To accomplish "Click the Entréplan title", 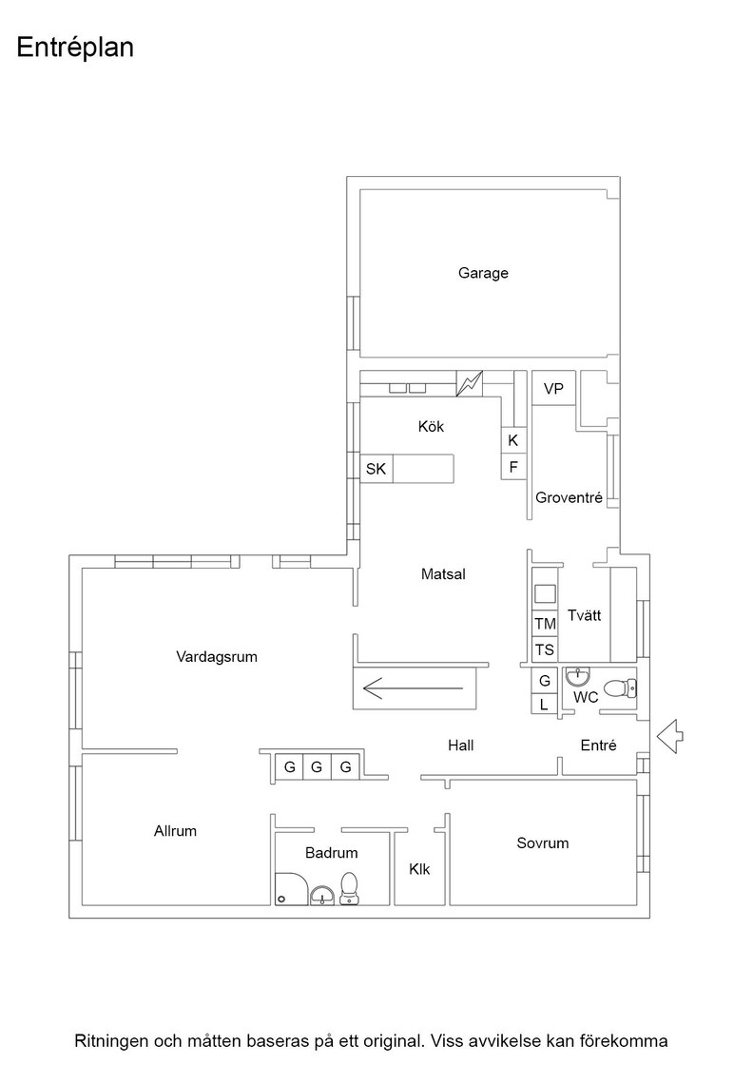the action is (75, 48).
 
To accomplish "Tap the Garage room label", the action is (483, 273).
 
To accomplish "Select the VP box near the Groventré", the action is (553, 388).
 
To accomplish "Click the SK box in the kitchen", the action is (376, 469).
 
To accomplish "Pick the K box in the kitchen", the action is (513, 440).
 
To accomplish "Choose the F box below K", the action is (513, 467).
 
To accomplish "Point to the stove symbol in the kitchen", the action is (469, 384).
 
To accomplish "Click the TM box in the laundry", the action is (545, 624).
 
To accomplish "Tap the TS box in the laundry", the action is (545, 650).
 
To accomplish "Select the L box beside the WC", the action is (544, 705).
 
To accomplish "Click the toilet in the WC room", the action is (619, 688).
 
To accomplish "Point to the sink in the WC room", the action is (577, 676).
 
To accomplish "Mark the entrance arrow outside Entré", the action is (670, 736).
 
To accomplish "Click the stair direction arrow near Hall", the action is (413, 688).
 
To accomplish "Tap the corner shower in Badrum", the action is (292, 889).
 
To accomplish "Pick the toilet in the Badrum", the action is (349, 888).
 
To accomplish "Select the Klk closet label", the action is (419, 869).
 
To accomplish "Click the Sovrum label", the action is (543, 842).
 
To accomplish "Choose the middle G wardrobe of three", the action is (317, 767).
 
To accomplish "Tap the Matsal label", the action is (443, 574).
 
